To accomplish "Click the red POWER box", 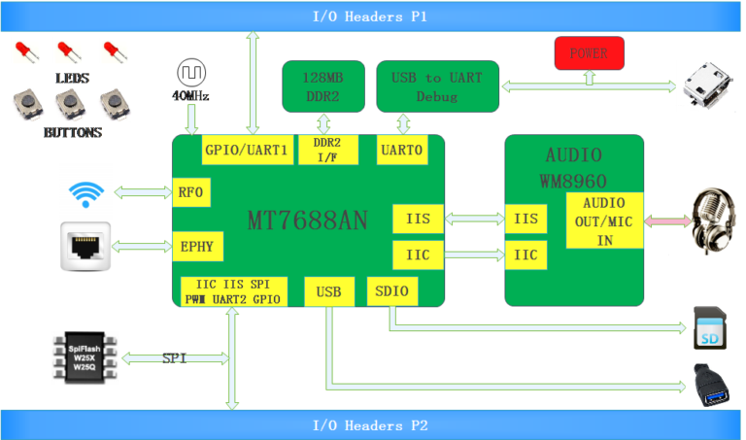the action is [x=589, y=53].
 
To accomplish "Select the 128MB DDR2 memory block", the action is [x=323, y=86].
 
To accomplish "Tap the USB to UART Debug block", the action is [x=438, y=86].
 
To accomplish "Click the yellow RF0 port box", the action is [x=191, y=192].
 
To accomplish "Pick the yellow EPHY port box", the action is [x=197, y=247].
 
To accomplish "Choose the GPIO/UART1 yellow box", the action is [x=248, y=150].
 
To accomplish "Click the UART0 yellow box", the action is [x=402, y=150].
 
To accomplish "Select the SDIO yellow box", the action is [x=392, y=291].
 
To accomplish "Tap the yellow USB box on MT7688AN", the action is [x=329, y=291].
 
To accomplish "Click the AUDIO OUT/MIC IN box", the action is [x=605, y=220].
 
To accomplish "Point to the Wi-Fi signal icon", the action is [x=86, y=194].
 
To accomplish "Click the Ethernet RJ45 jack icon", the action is [x=85, y=247].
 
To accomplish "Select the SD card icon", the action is [x=710, y=328].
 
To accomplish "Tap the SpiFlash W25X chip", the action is [x=85, y=357].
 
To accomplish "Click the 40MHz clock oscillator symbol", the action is [x=191, y=73].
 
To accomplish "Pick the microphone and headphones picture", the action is [x=713, y=221].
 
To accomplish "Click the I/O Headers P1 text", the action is [x=370, y=17].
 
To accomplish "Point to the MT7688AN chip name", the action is [x=308, y=220].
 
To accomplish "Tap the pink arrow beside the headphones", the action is [x=667, y=220].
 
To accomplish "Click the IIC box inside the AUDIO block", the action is [x=526, y=254].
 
